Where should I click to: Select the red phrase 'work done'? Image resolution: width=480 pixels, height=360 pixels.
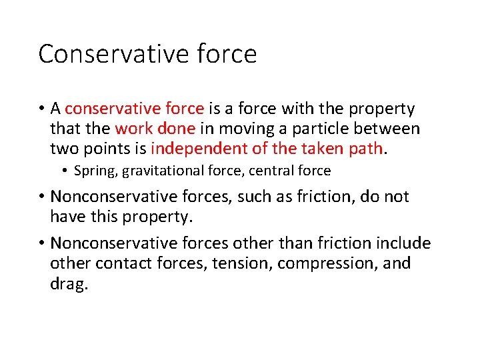coord(155,128)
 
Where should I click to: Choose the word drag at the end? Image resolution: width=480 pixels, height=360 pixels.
coord(68,284)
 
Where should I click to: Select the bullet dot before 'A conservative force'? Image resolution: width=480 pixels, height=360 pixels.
coord(41,109)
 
